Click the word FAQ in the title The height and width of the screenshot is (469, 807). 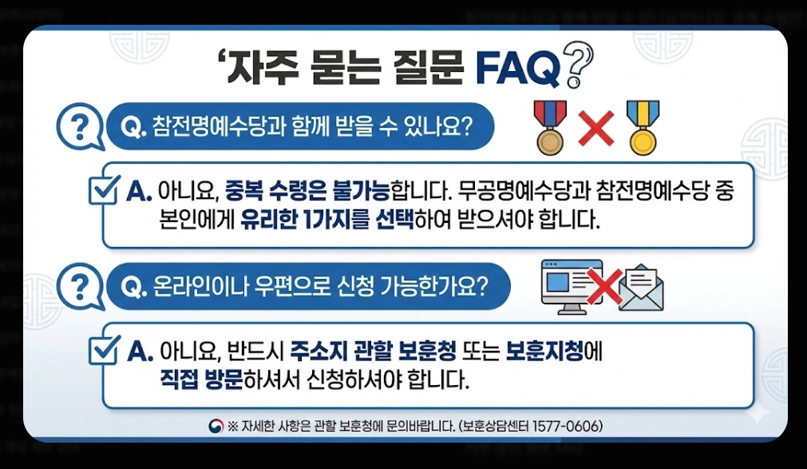coord(517,70)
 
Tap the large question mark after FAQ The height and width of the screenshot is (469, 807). coord(576,66)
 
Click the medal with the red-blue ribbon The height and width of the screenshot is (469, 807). coord(549,127)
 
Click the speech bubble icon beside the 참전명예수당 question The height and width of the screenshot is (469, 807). coord(80,127)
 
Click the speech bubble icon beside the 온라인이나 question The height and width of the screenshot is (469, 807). coord(80,287)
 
